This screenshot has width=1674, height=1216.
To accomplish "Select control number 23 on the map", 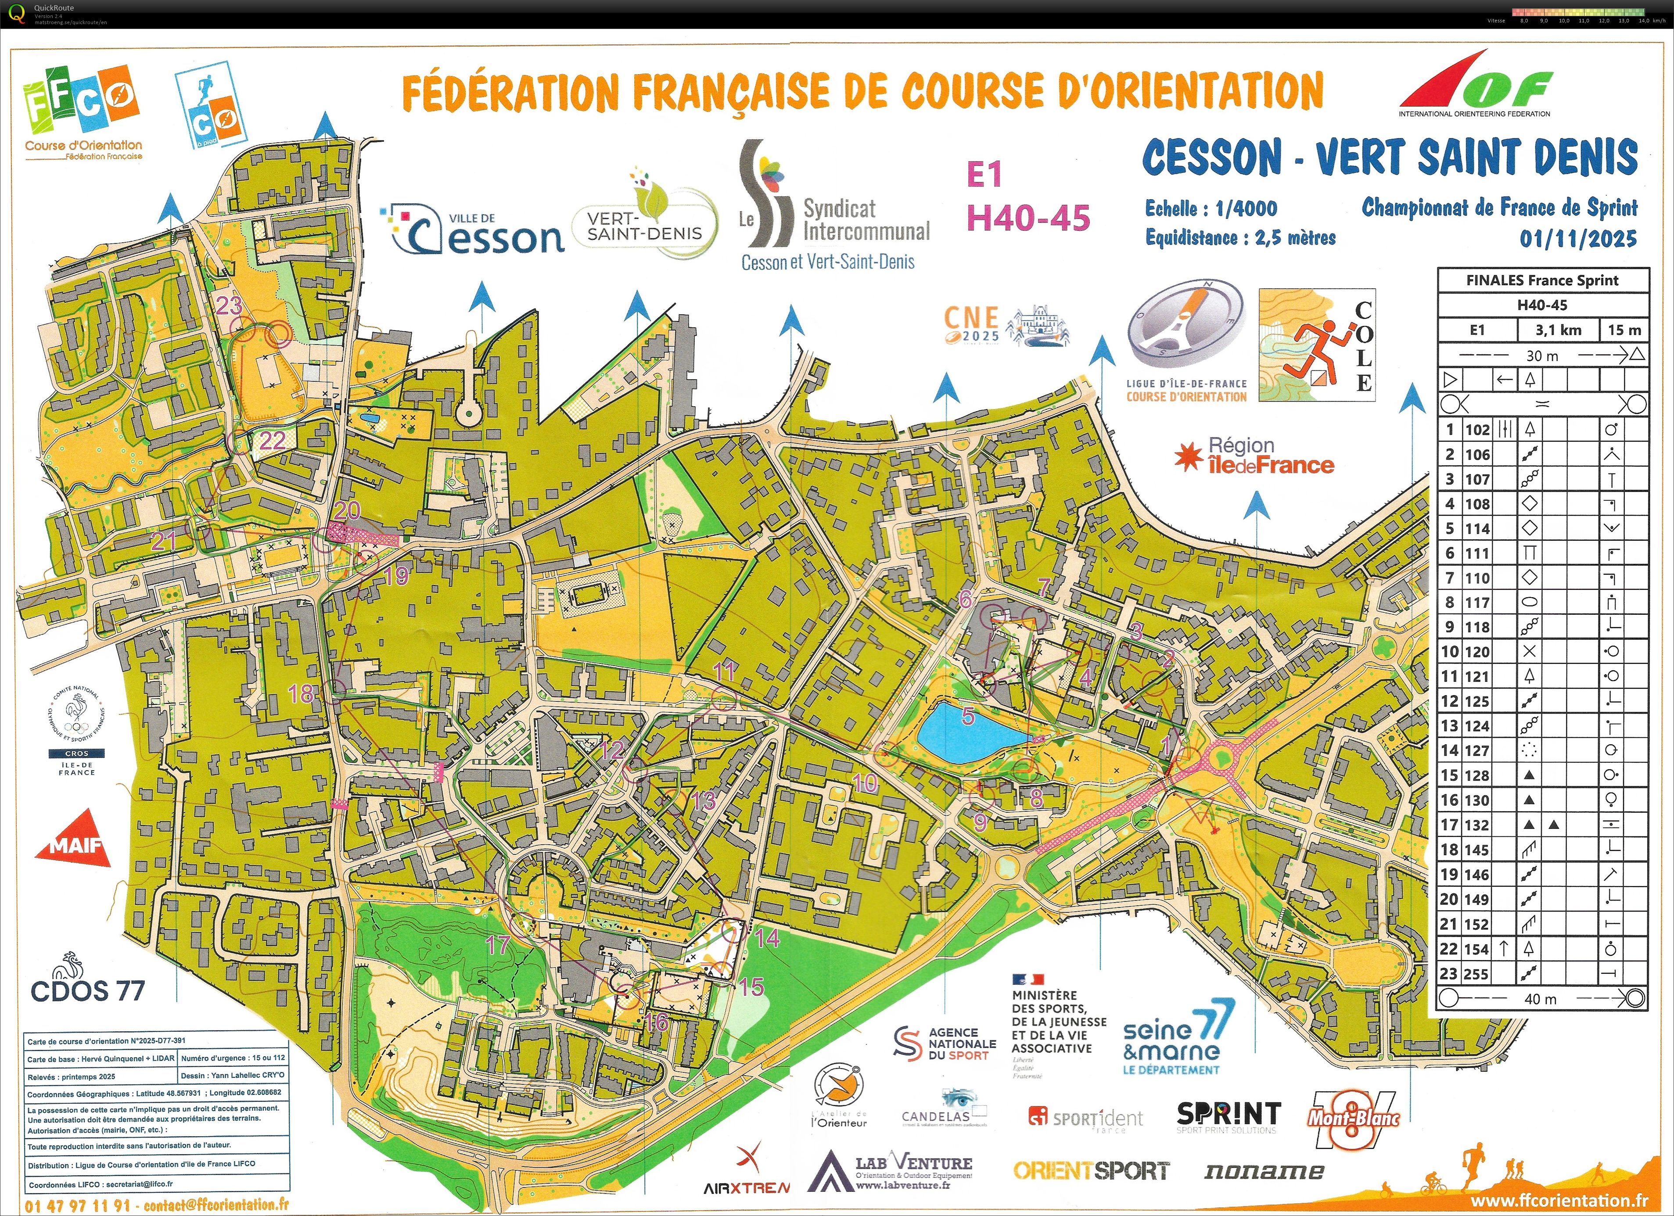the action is pyautogui.click(x=229, y=305).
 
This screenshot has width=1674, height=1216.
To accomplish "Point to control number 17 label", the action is pyautogui.click(x=498, y=944).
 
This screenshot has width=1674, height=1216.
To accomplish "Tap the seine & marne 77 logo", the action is pyautogui.click(x=1178, y=1037).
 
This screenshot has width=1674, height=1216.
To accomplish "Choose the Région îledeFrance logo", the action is pyautogui.click(x=1255, y=455).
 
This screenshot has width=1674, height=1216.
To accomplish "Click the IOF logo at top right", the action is pyautogui.click(x=1476, y=85).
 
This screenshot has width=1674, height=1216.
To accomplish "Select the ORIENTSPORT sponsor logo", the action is pyautogui.click(x=1091, y=1171).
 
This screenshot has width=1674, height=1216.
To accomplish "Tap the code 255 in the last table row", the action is pyautogui.click(x=1476, y=973).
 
